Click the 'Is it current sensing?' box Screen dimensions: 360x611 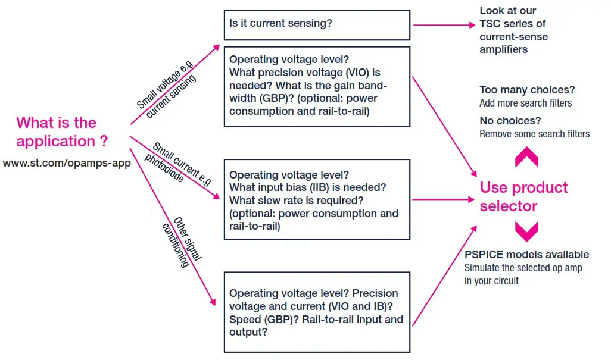(x=316, y=25)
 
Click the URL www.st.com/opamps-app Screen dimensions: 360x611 (x=67, y=163)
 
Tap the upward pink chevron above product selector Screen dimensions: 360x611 (x=526, y=157)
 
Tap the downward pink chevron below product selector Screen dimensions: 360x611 (x=526, y=231)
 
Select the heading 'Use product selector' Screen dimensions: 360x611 (x=523, y=197)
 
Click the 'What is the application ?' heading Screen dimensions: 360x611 (x=63, y=132)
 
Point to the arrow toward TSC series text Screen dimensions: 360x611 (x=440, y=25)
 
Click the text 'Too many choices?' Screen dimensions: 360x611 (x=527, y=90)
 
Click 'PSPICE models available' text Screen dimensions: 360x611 (x=526, y=255)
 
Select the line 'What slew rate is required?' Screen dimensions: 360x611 (x=296, y=201)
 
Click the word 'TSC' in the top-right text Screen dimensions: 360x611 (x=491, y=24)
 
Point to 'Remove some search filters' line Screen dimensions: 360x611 (x=534, y=134)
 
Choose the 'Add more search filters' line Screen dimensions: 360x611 (x=525, y=103)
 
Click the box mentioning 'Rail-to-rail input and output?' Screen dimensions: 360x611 (x=316, y=312)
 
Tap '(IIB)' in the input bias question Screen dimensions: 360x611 (x=304, y=187)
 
